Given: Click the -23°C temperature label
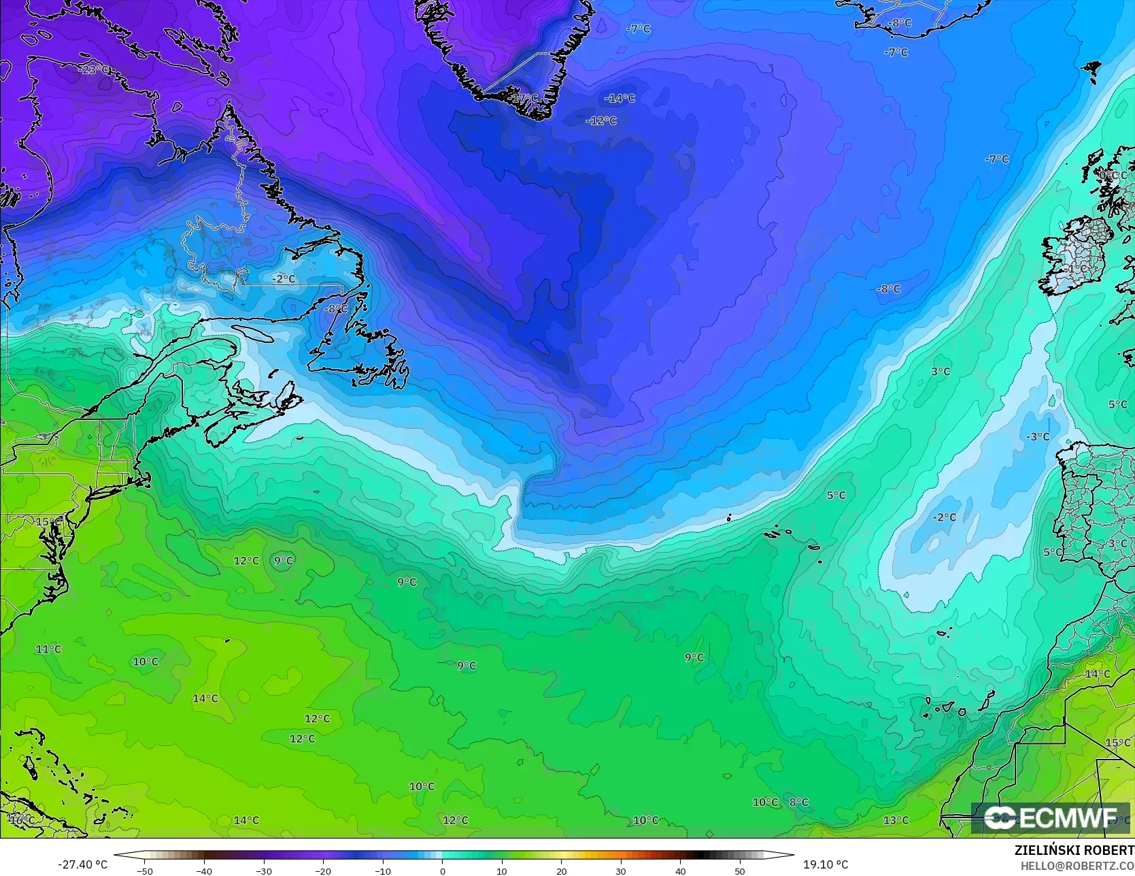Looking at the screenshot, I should click(x=94, y=69).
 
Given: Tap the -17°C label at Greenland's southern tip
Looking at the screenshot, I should click(x=524, y=99).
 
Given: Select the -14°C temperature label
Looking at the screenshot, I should click(x=620, y=99).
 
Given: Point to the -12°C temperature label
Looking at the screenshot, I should click(x=601, y=121).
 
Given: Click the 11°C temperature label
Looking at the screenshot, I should click(x=48, y=649).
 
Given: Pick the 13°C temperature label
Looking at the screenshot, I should click(x=896, y=821).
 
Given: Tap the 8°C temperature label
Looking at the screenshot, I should click(x=799, y=802).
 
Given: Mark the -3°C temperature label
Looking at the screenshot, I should click(x=1038, y=437).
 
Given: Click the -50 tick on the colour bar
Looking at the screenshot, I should click(x=144, y=871).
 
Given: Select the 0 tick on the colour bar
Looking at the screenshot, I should click(x=442, y=871).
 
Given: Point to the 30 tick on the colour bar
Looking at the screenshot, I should click(x=621, y=871).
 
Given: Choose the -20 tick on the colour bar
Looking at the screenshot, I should click(x=323, y=871).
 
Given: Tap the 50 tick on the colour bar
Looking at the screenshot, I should click(x=740, y=871).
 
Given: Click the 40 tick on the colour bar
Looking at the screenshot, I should click(x=681, y=871).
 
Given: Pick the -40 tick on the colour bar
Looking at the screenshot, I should click(x=204, y=871).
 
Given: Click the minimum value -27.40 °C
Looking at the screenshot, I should click(x=82, y=864).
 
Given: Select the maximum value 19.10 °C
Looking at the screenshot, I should click(x=826, y=864).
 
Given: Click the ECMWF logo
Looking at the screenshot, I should click(x=1051, y=818).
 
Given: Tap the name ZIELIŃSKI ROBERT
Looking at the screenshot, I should click(x=1074, y=851).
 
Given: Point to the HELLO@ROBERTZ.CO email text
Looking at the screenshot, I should click(x=1077, y=865).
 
